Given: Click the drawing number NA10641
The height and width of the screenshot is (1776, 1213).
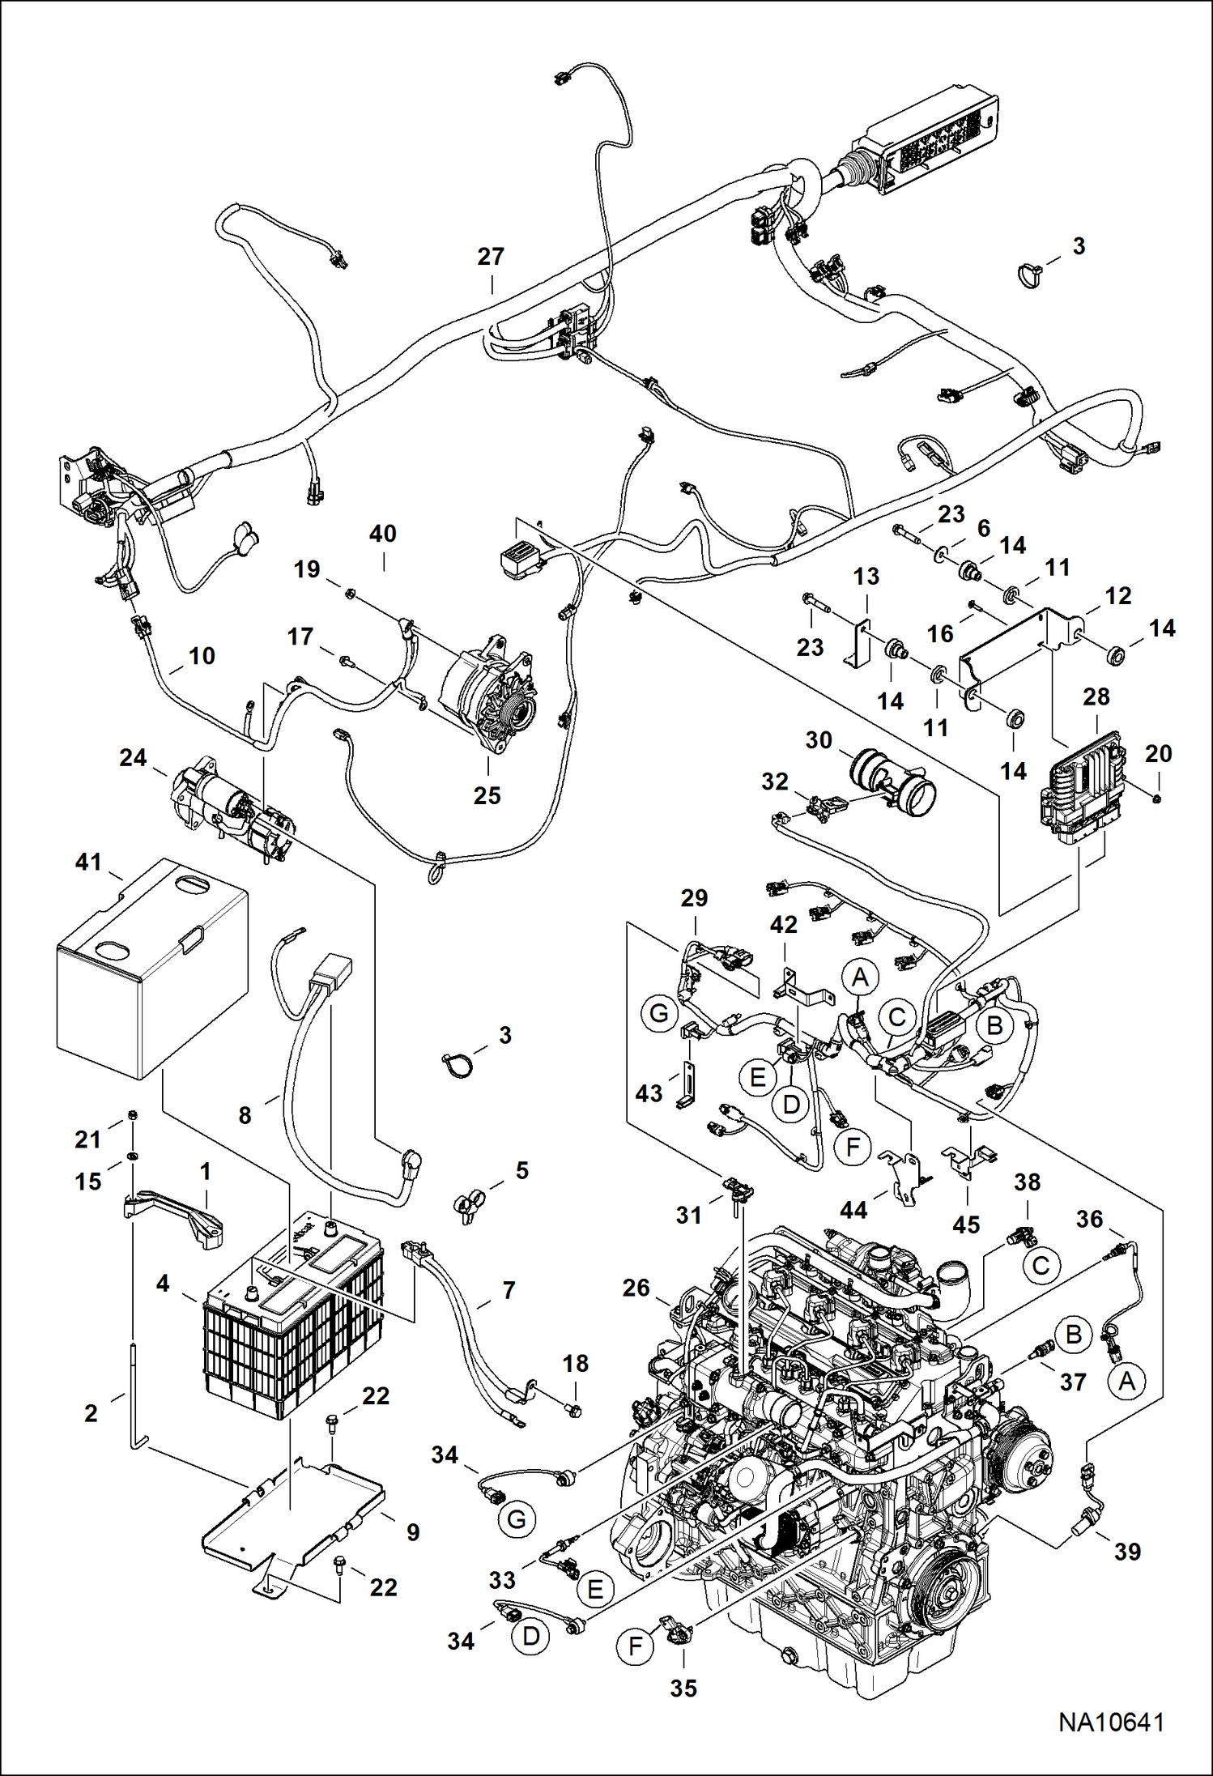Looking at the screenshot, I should click(x=1111, y=1722).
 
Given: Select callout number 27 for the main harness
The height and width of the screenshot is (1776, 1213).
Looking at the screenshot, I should click(x=491, y=257).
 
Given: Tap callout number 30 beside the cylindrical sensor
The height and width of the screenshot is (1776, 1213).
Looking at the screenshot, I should click(x=819, y=740).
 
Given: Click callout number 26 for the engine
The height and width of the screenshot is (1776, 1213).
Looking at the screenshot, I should click(x=636, y=1288).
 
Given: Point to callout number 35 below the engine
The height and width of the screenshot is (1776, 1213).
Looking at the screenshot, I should click(x=683, y=1688).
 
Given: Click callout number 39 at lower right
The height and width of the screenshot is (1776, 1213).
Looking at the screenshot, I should click(x=1127, y=1552).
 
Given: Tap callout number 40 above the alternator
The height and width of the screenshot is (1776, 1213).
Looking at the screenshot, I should click(x=383, y=534).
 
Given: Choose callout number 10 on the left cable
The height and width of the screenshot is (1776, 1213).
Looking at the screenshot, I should click(x=202, y=655).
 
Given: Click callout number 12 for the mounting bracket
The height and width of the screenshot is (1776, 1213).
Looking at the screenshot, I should click(x=1118, y=596).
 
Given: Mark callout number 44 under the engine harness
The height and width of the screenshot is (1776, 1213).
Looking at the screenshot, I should click(x=853, y=1210).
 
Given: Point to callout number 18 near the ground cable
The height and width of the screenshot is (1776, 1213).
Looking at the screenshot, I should click(x=576, y=1364).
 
